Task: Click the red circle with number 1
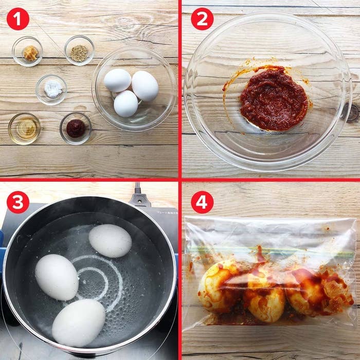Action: pyautogui.click(x=18, y=19)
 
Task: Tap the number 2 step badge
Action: pyautogui.click(x=202, y=19)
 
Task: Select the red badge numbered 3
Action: pyautogui.click(x=18, y=203)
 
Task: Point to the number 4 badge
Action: pyautogui.click(x=202, y=203)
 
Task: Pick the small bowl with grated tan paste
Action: pyautogui.click(x=28, y=51)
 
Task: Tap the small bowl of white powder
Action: pyautogui.click(x=51, y=89)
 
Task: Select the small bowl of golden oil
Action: pyautogui.click(x=24, y=128)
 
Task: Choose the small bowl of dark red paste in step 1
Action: pyautogui.click(x=76, y=128)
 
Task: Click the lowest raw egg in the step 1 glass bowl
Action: pyautogui.click(x=125, y=103)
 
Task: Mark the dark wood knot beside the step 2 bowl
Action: pyautogui.click(x=352, y=113)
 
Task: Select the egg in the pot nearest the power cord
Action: pyautogui.click(x=110, y=240)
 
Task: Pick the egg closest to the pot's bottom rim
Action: pyautogui.click(x=78, y=322)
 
